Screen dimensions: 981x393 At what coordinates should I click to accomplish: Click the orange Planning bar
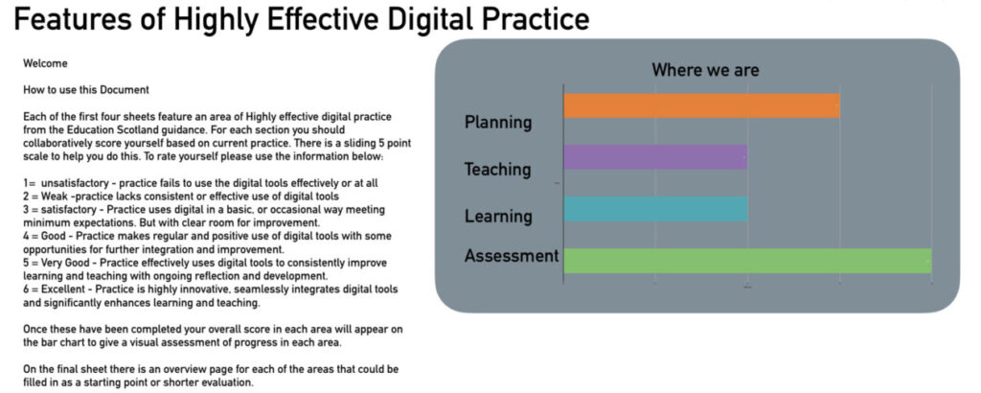(701, 105)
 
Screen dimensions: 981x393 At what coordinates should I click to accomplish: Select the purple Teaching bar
(655, 157)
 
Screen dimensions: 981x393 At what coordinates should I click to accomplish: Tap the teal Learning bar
(655, 209)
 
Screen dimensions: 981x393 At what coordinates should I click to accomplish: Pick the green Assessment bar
(747, 261)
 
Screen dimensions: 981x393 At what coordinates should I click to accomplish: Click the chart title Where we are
(705, 69)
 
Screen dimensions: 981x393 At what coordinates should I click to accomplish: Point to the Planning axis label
(498, 122)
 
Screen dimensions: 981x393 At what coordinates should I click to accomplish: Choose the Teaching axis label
(497, 170)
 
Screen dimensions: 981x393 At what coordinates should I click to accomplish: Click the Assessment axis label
(512, 255)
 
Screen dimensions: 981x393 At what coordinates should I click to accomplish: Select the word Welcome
(45, 63)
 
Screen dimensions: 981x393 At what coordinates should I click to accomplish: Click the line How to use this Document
(86, 89)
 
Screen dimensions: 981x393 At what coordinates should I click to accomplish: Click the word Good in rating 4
(53, 236)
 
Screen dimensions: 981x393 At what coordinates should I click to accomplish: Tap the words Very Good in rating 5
(66, 263)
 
